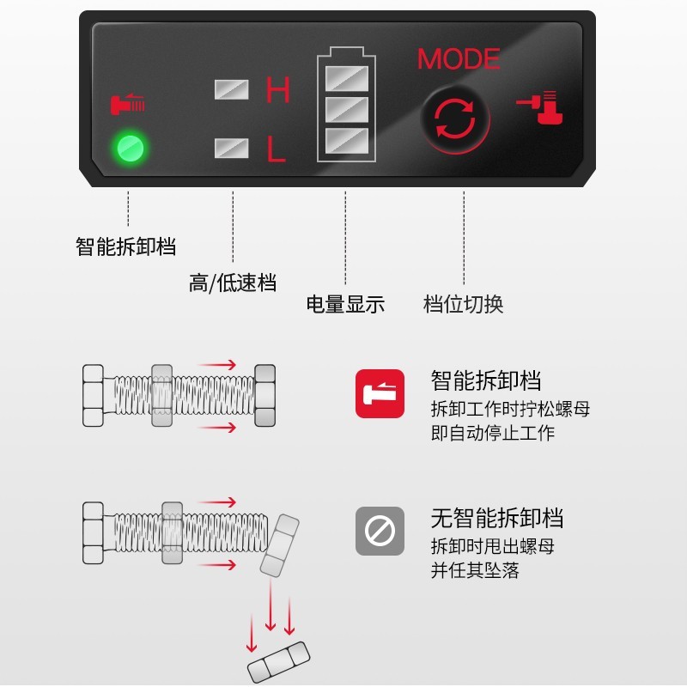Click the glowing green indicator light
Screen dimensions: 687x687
point(131,148)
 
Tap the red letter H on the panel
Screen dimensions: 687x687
point(277,89)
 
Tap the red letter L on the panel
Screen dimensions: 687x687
point(277,149)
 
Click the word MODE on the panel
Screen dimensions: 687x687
point(459,59)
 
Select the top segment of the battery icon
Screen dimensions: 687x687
point(347,79)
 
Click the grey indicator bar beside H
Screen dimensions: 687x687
point(231,89)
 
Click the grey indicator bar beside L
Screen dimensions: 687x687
point(231,148)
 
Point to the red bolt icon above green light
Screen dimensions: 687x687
point(128,104)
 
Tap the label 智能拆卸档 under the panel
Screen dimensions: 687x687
point(126,247)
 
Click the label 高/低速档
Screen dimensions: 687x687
point(233,283)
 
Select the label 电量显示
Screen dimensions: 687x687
point(345,304)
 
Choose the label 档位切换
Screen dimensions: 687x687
point(464,304)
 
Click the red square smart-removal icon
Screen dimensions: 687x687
point(380,393)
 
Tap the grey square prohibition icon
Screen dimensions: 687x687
point(380,532)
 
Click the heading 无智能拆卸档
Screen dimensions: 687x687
point(497,518)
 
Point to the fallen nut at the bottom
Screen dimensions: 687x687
point(278,660)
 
